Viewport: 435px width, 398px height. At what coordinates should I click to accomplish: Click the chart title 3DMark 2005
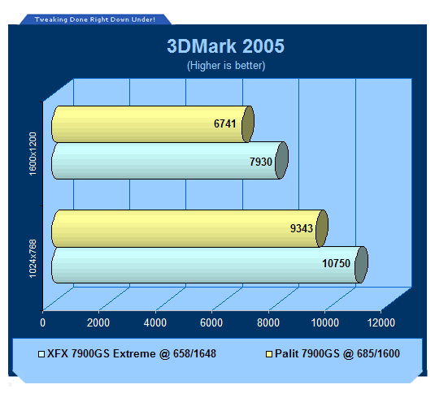coord(225,45)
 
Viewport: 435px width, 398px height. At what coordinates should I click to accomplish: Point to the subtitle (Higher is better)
coord(226,66)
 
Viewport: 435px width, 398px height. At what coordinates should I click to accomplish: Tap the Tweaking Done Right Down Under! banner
coord(95,19)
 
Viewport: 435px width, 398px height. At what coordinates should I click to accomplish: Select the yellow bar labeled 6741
coord(153,124)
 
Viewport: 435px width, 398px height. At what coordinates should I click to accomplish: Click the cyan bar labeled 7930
coord(169,161)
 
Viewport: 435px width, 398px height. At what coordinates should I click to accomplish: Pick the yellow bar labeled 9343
coord(189,228)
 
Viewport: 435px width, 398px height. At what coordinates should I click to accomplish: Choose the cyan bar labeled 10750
coord(210,265)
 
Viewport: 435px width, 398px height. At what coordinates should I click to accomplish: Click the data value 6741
coord(224,123)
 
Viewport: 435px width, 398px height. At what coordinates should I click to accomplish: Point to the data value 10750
coord(336,263)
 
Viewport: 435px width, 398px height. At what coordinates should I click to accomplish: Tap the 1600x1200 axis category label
coord(33,154)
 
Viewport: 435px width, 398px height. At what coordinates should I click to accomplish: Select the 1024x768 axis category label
coord(33,258)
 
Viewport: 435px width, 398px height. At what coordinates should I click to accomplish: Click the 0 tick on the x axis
coord(43,322)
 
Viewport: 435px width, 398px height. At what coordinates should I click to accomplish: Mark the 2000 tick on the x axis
coord(98,322)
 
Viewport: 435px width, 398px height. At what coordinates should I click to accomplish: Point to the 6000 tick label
coord(211,322)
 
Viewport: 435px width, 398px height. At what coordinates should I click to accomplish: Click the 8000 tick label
coord(268,322)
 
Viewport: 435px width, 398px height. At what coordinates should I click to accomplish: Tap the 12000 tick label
coord(381,322)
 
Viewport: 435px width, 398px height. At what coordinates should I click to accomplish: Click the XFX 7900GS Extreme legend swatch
coord(41,354)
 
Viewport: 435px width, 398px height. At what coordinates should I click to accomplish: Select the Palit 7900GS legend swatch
coord(269,354)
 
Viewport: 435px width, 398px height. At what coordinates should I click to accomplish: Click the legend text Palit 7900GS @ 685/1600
coord(337,353)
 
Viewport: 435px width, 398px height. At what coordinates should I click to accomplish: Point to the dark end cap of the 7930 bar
coord(281,161)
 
